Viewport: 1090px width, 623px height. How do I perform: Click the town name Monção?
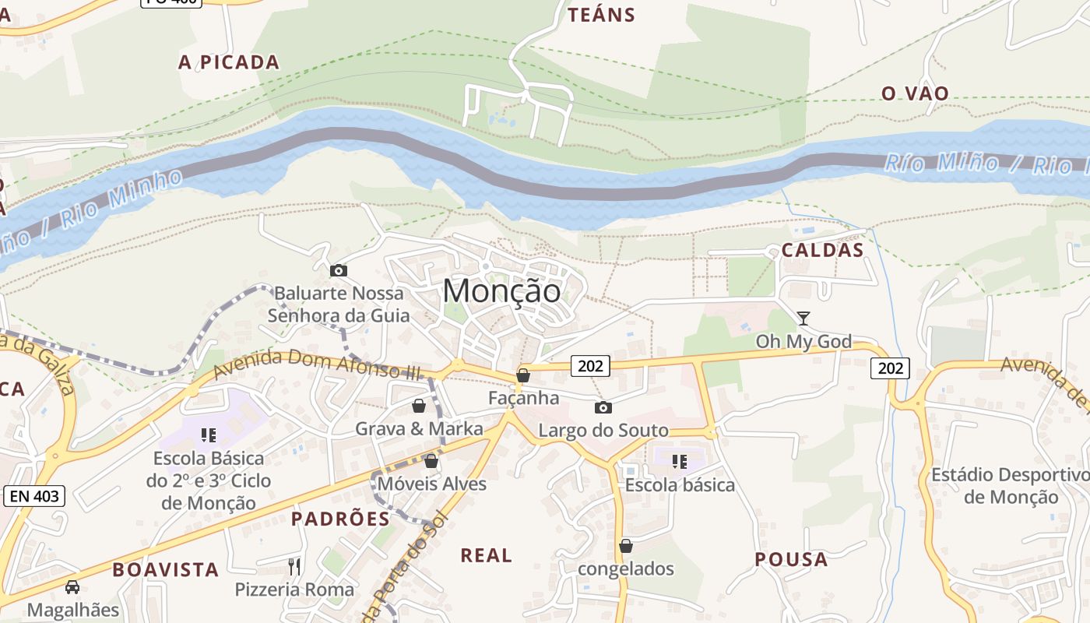click(501, 291)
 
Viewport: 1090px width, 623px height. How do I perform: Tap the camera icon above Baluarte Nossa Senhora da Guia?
click(339, 271)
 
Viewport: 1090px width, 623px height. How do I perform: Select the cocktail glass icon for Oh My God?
click(803, 318)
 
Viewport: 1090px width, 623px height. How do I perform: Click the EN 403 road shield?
click(35, 496)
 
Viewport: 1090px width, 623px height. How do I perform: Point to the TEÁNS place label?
click(601, 15)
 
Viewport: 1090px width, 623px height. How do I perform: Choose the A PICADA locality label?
click(228, 62)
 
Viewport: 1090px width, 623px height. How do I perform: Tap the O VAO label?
click(915, 93)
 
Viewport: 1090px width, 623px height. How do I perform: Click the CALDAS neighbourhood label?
click(822, 250)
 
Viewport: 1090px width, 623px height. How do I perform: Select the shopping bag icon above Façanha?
click(523, 376)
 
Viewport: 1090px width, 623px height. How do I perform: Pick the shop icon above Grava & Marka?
click(419, 406)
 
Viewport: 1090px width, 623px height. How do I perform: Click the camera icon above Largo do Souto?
click(603, 407)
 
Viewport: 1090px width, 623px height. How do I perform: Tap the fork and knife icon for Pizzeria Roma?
click(294, 566)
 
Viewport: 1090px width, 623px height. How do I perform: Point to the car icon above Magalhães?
click(72, 587)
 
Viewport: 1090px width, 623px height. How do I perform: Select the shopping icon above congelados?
click(626, 546)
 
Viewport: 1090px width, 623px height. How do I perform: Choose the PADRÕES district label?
click(340, 519)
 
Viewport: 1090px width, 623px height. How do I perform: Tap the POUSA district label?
click(791, 559)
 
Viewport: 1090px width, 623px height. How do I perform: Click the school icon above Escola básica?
click(680, 462)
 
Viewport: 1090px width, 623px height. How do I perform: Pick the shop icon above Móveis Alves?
click(431, 461)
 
